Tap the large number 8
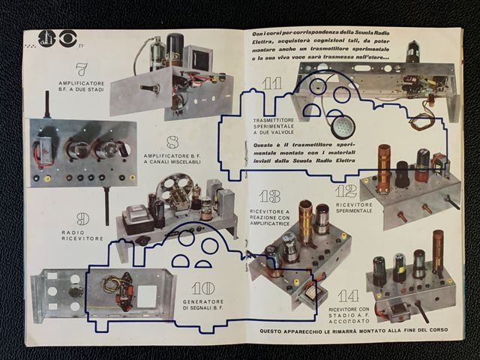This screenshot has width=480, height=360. tap(171, 139)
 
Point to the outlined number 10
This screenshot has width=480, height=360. tap(202, 288)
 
